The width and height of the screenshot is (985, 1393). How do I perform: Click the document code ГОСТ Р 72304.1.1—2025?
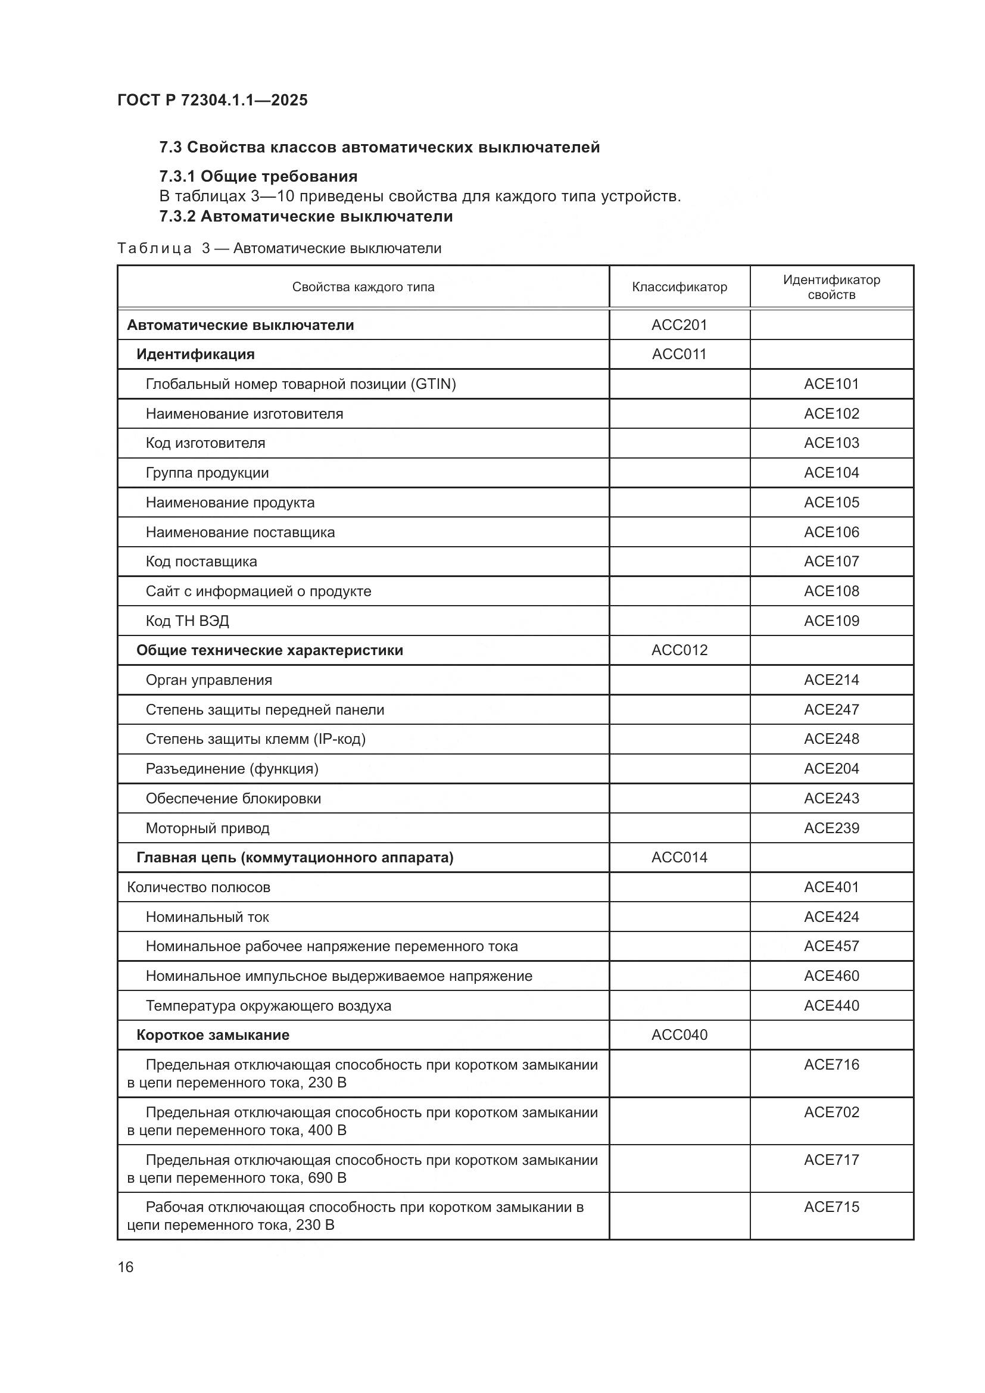(x=212, y=100)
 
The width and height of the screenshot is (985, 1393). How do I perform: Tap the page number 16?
(x=126, y=1267)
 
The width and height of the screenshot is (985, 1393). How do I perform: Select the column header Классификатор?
(x=679, y=287)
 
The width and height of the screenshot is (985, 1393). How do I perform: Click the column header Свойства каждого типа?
(x=363, y=287)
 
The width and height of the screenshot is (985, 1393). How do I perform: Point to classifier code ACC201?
(x=679, y=325)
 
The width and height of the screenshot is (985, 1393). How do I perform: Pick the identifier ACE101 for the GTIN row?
(x=831, y=384)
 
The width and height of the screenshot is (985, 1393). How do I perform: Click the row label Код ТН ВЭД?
(x=188, y=621)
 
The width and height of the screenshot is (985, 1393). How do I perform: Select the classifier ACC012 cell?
(x=679, y=650)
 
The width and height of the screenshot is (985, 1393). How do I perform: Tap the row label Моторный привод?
(x=207, y=828)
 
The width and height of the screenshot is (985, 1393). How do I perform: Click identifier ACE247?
(x=831, y=710)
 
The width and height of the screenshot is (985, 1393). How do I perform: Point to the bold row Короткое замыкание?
(x=213, y=1035)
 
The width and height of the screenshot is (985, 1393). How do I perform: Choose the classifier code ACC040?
(x=679, y=1035)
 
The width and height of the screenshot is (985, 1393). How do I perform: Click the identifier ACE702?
(x=831, y=1112)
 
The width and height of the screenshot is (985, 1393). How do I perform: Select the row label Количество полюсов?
(x=198, y=887)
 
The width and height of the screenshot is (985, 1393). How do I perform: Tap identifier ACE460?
(x=831, y=976)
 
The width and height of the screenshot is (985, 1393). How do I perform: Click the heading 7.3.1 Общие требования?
(x=258, y=176)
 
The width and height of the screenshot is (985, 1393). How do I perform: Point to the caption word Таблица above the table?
(x=155, y=249)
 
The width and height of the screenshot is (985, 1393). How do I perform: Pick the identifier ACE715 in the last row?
(x=831, y=1207)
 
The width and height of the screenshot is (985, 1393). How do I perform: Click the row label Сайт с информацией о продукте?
(x=258, y=591)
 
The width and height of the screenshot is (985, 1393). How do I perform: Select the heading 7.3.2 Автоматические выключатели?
(x=306, y=217)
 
